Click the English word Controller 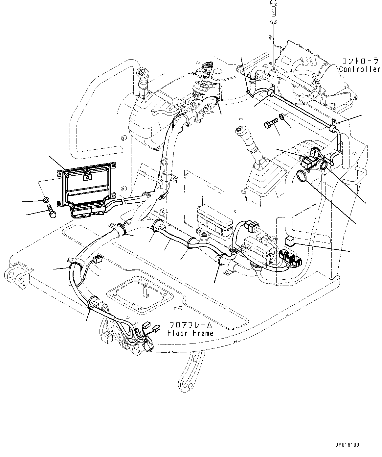pyautogui.click(x=360, y=69)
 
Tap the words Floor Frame pyautogui.click(x=190, y=333)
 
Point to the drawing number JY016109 pyautogui.click(x=347, y=445)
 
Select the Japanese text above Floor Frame pyautogui.click(x=190, y=325)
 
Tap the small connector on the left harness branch pyautogui.click(x=97, y=260)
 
